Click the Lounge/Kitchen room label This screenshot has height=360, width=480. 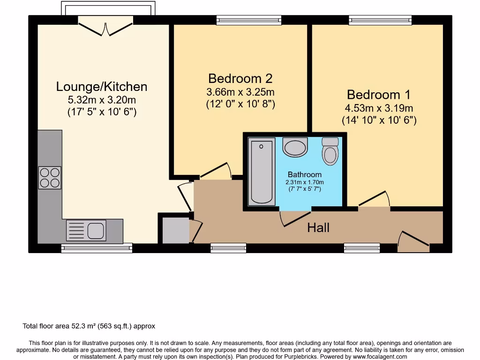tap(102, 87)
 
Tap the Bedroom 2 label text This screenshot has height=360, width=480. tap(240, 78)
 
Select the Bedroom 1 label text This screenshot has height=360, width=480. tap(379, 95)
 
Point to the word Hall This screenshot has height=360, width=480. tap(318, 228)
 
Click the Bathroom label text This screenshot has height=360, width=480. tap(305, 175)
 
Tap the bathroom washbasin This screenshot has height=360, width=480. tap(295, 147)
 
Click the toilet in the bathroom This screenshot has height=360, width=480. tap(330, 151)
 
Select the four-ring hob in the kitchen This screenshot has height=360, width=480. tap(50, 178)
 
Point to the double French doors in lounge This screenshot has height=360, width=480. tap(106, 26)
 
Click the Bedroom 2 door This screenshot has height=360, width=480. tap(216, 171)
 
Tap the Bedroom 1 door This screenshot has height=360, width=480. tap(375, 200)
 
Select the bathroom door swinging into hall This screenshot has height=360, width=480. tap(295, 218)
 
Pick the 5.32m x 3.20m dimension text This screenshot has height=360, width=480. tap(102, 99)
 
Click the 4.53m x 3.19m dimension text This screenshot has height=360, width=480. tap(379, 108)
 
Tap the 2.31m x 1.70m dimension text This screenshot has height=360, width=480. tap(305, 182)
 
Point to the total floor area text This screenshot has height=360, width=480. tap(89, 326)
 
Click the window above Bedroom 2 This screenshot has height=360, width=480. tap(249, 20)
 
